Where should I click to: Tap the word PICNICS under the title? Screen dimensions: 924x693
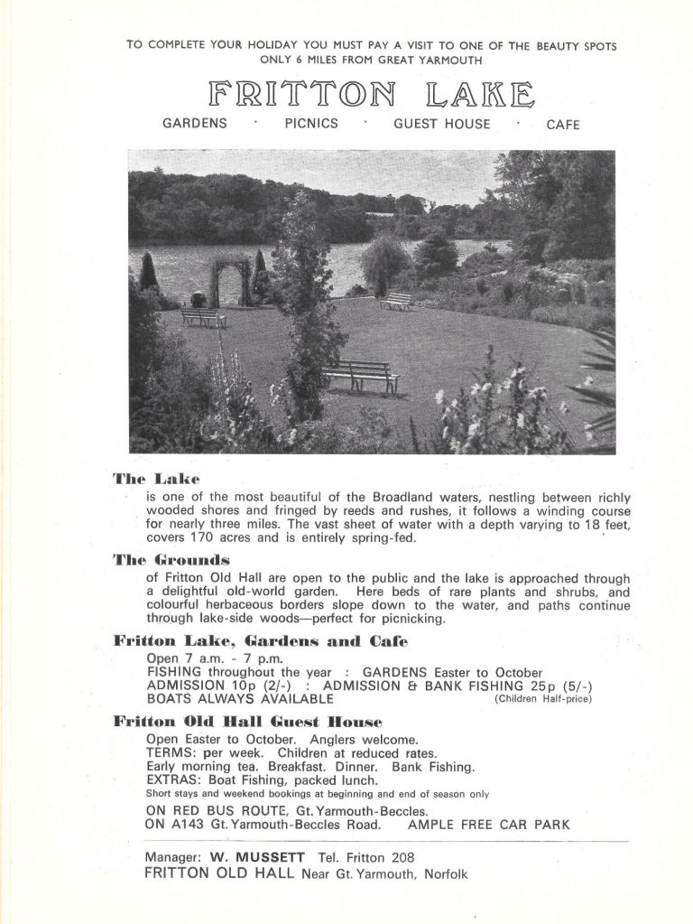pos(311,124)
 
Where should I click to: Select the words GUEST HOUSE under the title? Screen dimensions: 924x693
pos(441,124)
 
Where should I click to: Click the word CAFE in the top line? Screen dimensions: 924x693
pos(563,125)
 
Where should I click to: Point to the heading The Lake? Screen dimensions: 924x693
pos(156,477)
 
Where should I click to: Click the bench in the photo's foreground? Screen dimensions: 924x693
pos(361,374)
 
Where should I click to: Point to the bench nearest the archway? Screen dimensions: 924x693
pos(203,317)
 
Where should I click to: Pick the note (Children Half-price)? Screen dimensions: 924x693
pos(542,700)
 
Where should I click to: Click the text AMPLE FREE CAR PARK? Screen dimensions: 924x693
pos(489,824)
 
